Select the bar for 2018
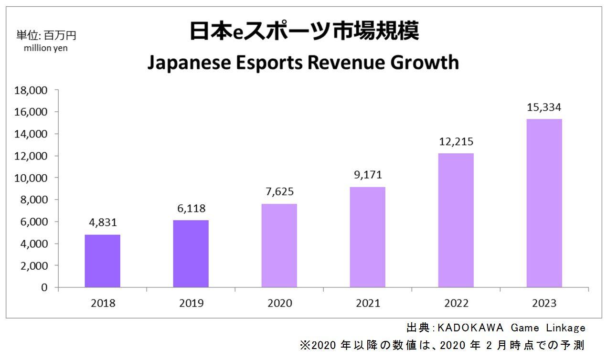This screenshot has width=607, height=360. pyautogui.click(x=102, y=261)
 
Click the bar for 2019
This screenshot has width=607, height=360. pyautogui.click(x=191, y=254)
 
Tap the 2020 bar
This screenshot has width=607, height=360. pyautogui.click(x=279, y=245)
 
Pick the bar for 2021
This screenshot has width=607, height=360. pyautogui.click(x=367, y=237)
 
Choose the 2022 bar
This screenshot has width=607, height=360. pyautogui.click(x=456, y=220)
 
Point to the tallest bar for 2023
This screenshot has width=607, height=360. pyautogui.click(x=544, y=203)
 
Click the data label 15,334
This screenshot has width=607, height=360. pyautogui.click(x=544, y=107)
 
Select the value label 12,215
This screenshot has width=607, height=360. pyautogui.click(x=456, y=142)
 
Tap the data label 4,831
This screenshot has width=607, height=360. pyautogui.click(x=102, y=223)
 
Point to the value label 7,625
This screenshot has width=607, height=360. pyautogui.click(x=279, y=192)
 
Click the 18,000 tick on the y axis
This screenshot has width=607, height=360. pyautogui.click(x=32, y=90)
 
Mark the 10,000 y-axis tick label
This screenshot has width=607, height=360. pyautogui.click(x=32, y=178)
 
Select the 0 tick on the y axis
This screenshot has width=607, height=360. pyautogui.click(x=44, y=287)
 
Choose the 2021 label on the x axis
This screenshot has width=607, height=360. pyautogui.click(x=367, y=303)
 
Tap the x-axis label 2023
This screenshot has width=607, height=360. pyautogui.click(x=544, y=303)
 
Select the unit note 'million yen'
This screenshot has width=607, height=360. pyautogui.click(x=46, y=48)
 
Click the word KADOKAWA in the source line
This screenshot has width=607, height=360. pyautogui.click(x=470, y=328)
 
